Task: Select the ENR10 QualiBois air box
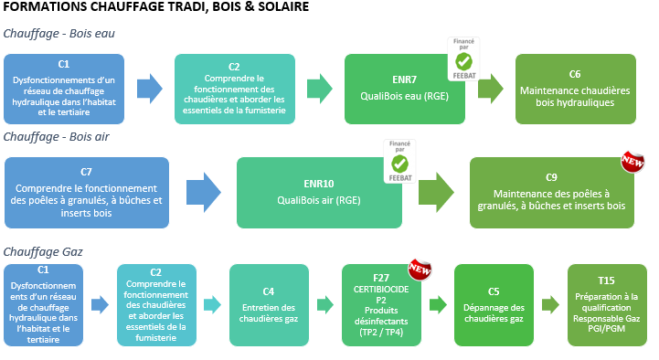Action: tap(318, 192)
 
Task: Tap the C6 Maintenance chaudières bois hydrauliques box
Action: tap(575, 89)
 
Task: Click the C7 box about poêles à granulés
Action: tap(87, 192)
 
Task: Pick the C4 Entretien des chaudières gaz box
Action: tap(265, 305)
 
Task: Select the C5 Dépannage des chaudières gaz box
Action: tap(493, 305)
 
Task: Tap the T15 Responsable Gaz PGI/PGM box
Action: tap(607, 305)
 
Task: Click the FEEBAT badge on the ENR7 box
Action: tap(463, 58)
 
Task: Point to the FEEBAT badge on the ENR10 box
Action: tap(399, 161)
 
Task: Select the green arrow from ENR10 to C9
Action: tap(436, 193)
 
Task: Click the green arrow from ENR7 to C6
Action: tap(491, 89)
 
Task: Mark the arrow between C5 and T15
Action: tap(549, 305)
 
